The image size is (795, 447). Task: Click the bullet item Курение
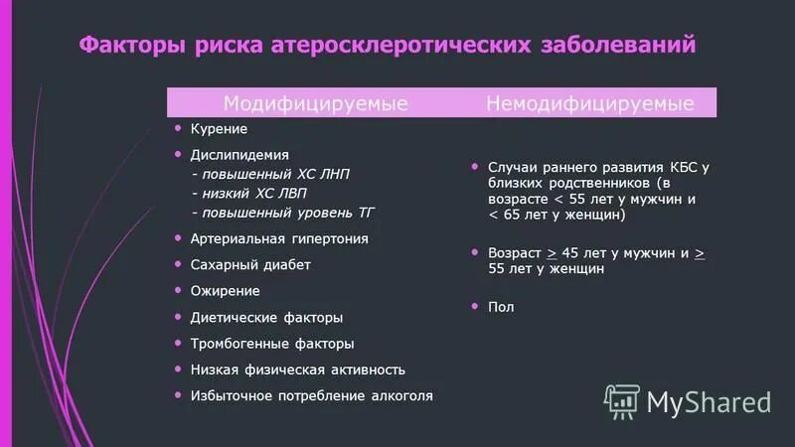[219, 129]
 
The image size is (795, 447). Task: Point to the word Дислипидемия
[239, 155]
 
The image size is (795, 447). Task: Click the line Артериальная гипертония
[279, 238]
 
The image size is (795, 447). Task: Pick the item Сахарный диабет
[250, 265]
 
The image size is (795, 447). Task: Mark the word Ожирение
[226, 291]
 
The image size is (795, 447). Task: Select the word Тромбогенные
[236, 344]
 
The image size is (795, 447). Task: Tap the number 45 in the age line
[570, 253]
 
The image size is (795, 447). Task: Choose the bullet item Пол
[501, 308]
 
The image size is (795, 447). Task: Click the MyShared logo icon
[622, 399]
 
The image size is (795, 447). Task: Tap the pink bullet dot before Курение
[178, 128]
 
